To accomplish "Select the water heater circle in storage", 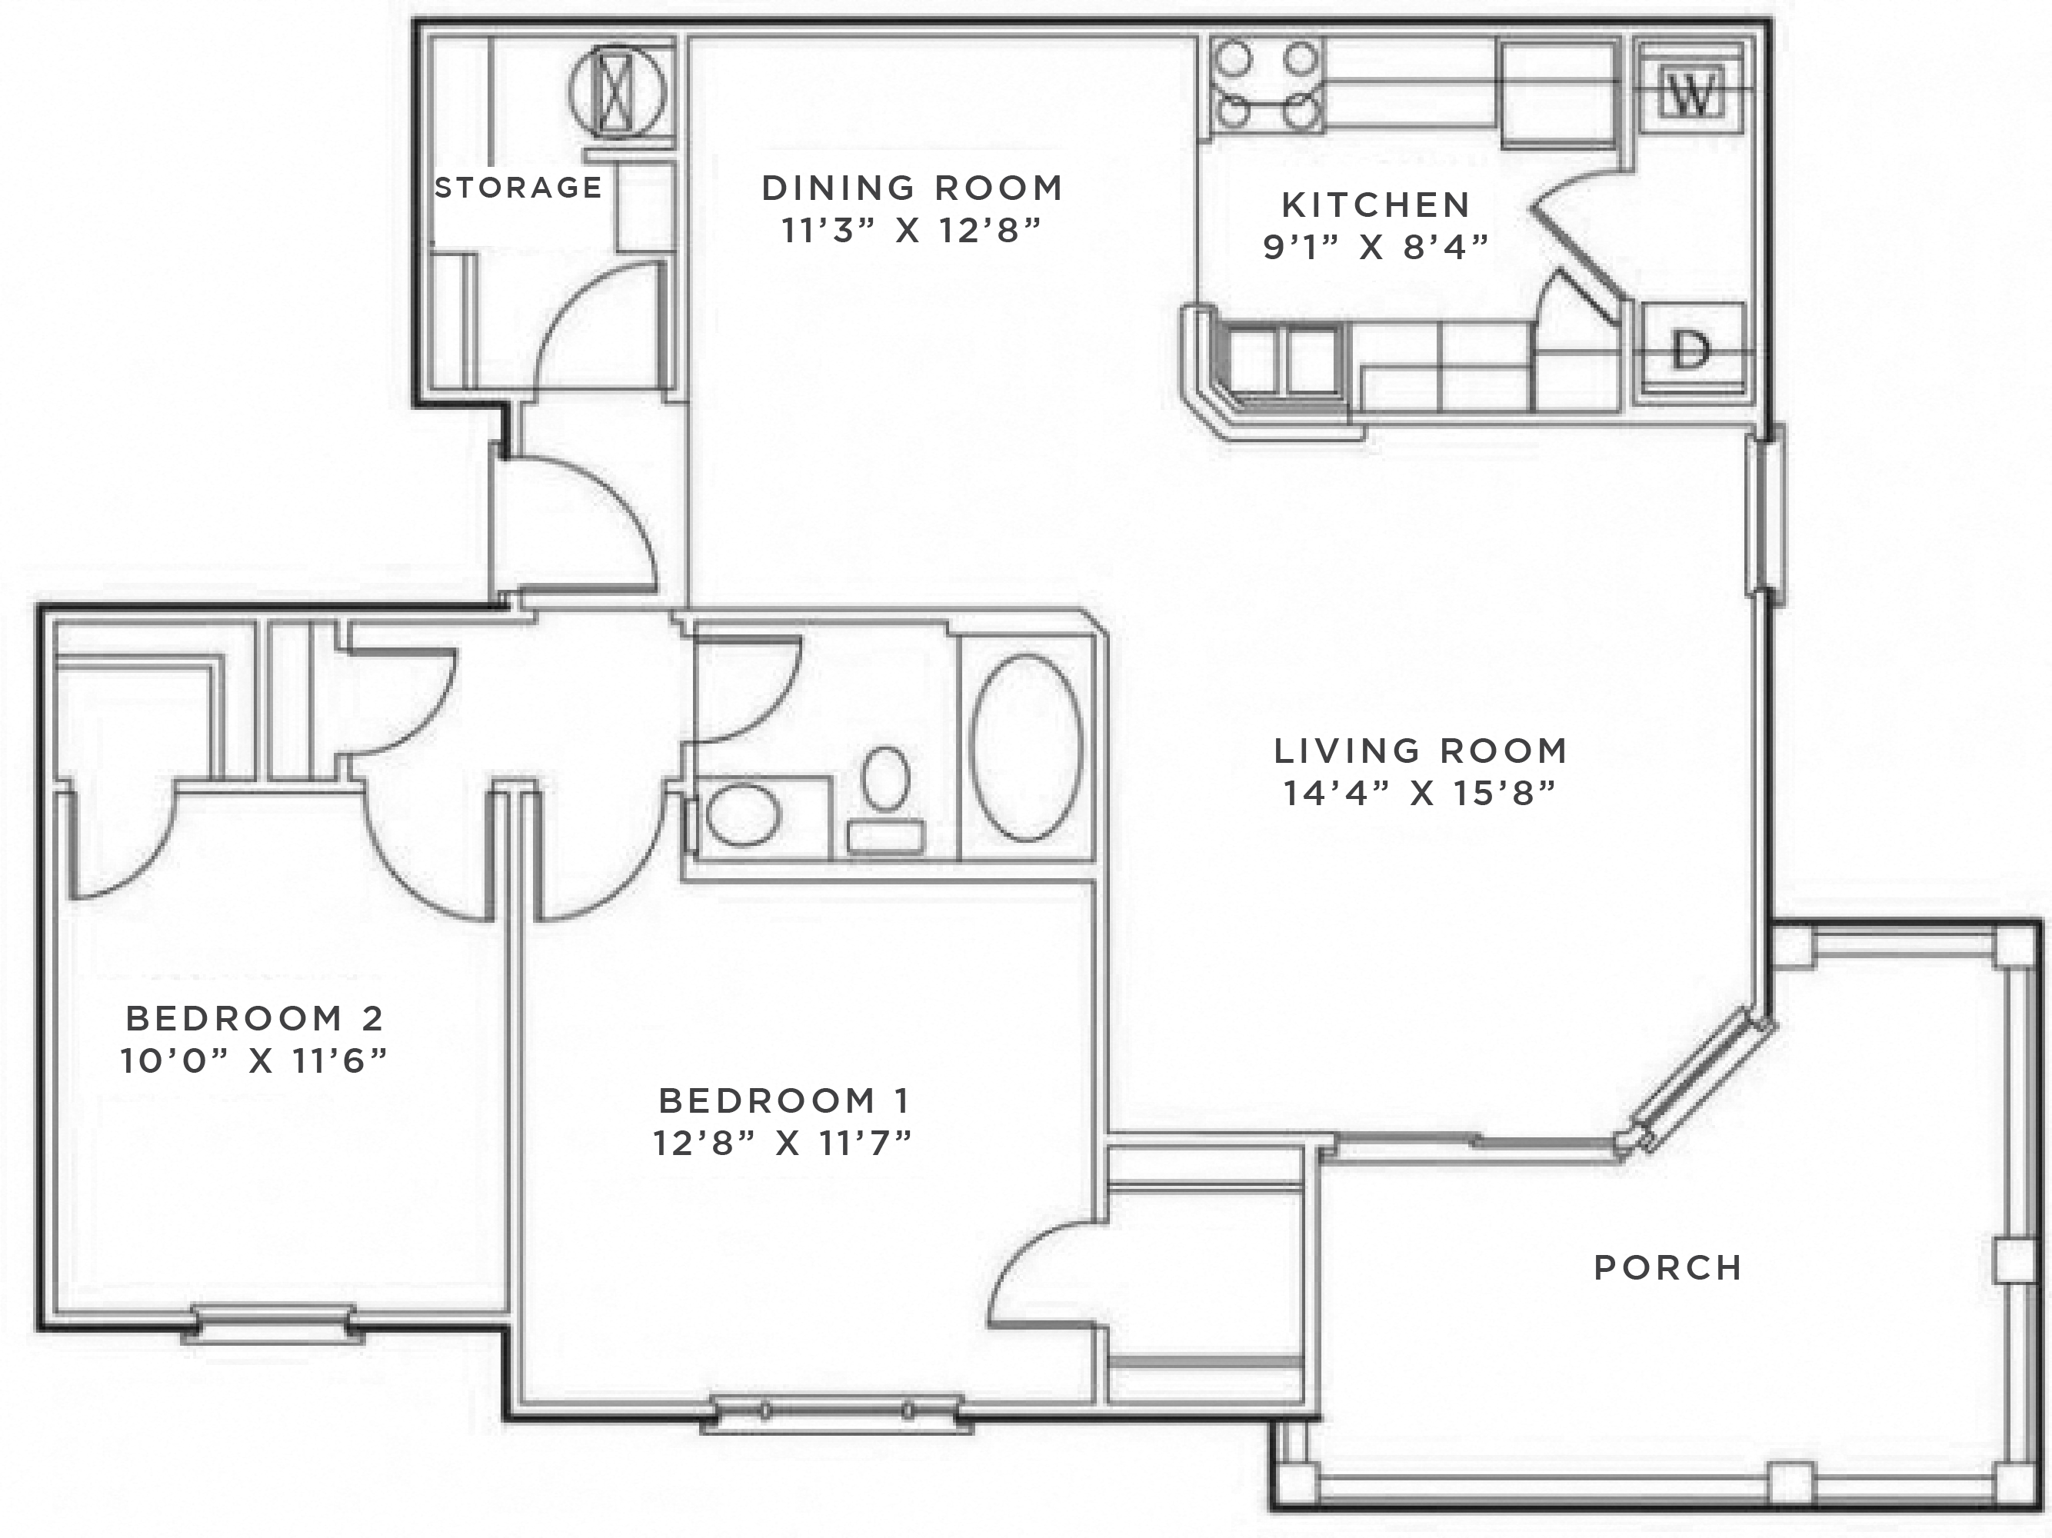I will (x=616, y=90).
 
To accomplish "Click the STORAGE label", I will (x=518, y=188).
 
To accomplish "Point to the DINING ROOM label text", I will (x=912, y=188).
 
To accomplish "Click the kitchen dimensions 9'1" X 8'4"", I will (x=1376, y=248).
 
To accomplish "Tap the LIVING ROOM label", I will (x=1421, y=751).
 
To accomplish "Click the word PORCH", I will (x=1667, y=1268).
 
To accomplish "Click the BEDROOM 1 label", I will (x=784, y=1101).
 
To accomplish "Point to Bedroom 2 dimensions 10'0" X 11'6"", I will (x=253, y=1060).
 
